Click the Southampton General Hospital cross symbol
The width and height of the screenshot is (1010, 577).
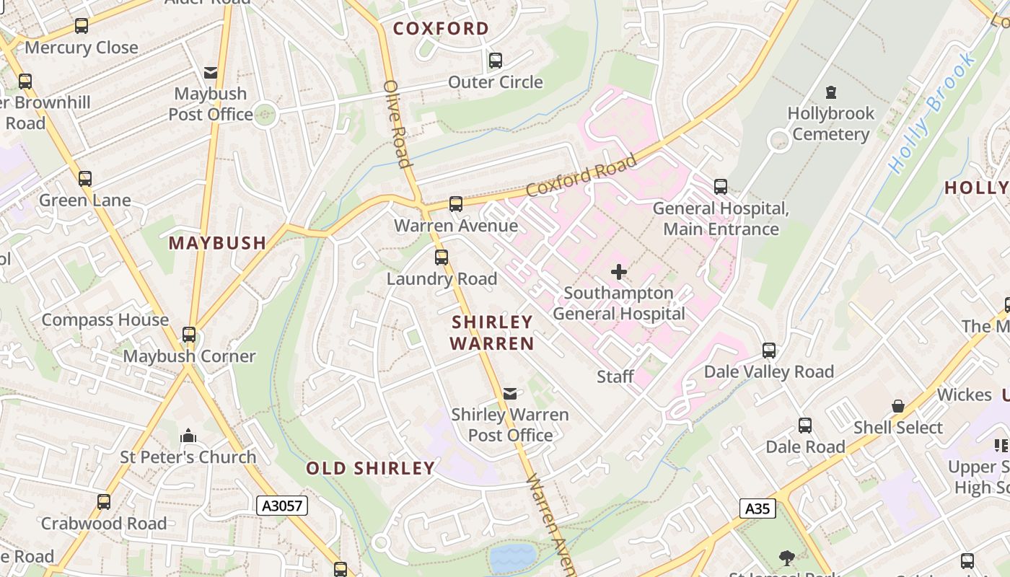(619, 272)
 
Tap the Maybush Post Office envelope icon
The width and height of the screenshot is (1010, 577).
(211, 73)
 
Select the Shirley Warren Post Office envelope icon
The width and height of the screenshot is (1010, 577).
(510, 394)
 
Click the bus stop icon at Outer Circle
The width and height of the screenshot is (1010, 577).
(496, 61)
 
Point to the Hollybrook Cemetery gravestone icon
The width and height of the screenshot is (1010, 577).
(831, 92)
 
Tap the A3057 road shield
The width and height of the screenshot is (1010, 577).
(282, 506)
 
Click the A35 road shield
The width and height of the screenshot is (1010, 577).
(757, 508)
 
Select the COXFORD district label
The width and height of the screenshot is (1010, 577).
(441, 29)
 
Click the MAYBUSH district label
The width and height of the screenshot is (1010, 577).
(218, 243)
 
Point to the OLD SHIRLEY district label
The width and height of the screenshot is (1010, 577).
(371, 468)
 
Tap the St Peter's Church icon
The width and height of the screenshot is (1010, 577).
(188, 436)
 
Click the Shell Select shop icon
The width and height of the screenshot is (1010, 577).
(898, 406)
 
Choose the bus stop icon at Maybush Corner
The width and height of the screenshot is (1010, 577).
(189, 335)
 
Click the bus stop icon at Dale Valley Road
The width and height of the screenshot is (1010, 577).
(769, 351)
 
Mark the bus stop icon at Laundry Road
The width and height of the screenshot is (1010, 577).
(442, 257)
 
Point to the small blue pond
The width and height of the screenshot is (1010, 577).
(513, 558)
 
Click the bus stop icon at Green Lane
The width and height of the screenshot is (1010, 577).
(85, 179)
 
